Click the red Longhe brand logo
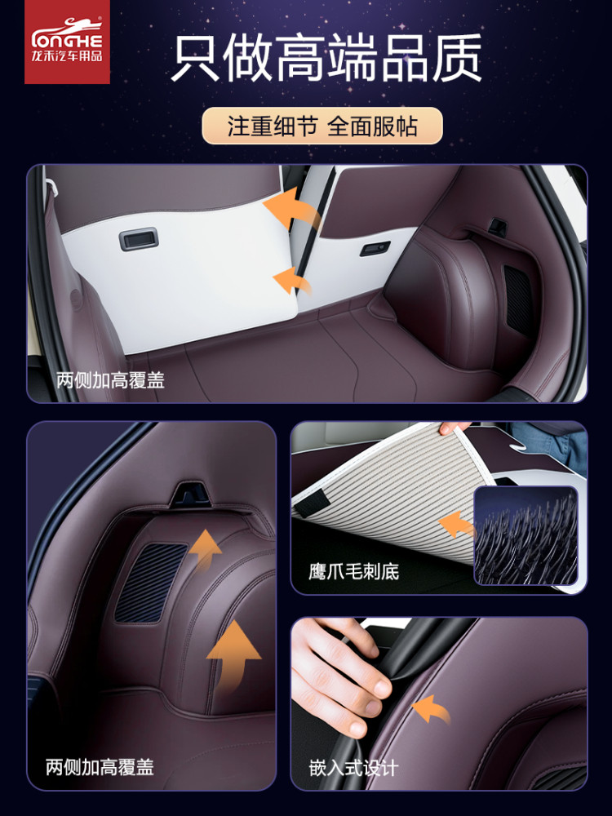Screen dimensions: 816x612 [67, 42]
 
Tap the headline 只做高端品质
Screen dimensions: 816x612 [326, 57]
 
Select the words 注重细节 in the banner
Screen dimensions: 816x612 [273, 126]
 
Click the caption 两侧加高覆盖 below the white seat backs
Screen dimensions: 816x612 [110, 380]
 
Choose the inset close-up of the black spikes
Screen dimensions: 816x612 [526, 535]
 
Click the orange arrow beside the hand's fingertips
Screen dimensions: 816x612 [432, 710]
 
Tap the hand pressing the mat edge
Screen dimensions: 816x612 [343, 677]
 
